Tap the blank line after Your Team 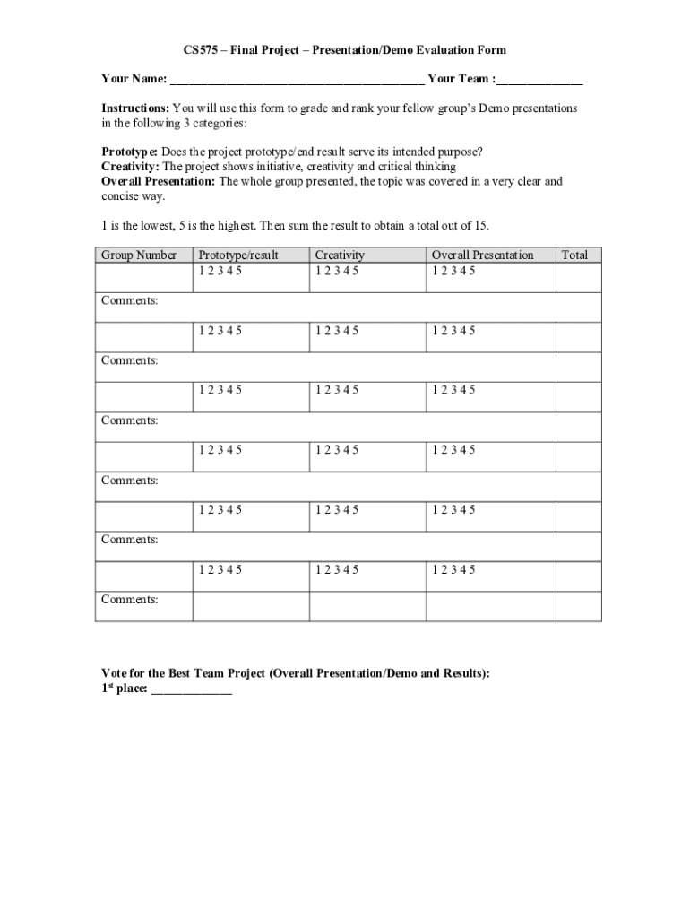[540, 81]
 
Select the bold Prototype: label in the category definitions [130, 152]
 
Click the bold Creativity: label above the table [130, 167]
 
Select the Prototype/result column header [238, 255]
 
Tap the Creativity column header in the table [340, 255]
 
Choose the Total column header [574, 255]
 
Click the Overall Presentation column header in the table [482, 255]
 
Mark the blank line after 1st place [192, 692]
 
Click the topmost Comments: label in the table [130, 300]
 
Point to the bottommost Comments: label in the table [130, 599]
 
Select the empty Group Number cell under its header [143, 277]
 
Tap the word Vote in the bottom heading [116, 673]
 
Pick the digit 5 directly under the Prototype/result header [238, 271]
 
